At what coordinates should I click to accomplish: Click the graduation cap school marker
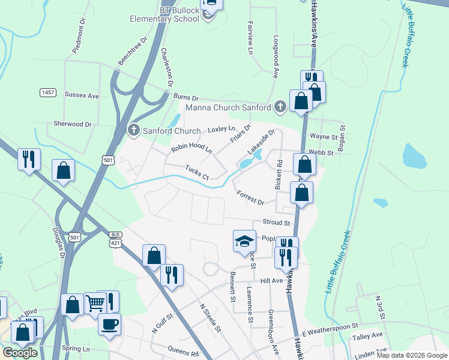tap(244, 241)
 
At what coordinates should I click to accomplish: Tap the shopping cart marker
tap(95, 304)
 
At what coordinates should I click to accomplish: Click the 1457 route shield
tap(48, 92)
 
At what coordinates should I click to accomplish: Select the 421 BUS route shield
tap(116, 239)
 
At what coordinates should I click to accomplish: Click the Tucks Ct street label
tap(196, 173)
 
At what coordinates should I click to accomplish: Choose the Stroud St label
tap(276, 223)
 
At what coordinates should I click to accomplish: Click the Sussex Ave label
tap(82, 95)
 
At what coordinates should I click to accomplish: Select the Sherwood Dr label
tap(72, 124)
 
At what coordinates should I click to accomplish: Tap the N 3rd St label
tap(379, 306)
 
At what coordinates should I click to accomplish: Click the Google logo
tap(20, 353)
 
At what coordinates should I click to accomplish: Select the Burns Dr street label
tap(185, 97)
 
